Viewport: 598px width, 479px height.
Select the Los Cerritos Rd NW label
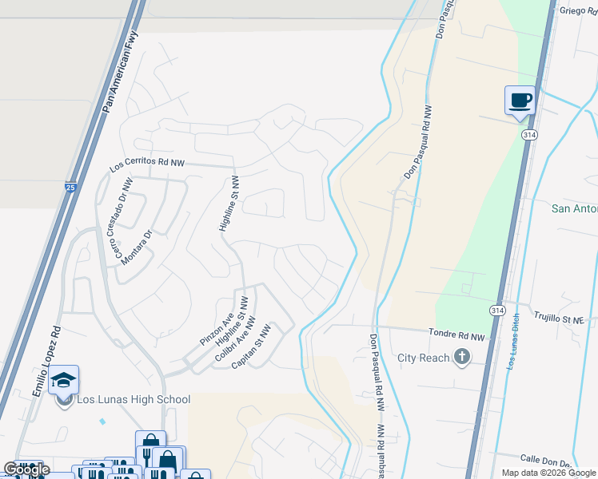[x=147, y=163]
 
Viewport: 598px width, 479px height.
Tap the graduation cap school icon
[x=63, y=380]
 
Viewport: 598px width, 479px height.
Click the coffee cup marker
[x=520, y=101]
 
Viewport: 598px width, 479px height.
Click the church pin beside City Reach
[x=462, y=357]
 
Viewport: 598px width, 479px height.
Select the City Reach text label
[x=424, y=358]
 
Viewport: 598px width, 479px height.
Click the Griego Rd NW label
[x=577, y=10]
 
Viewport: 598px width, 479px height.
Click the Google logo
[x=26, y=469]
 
